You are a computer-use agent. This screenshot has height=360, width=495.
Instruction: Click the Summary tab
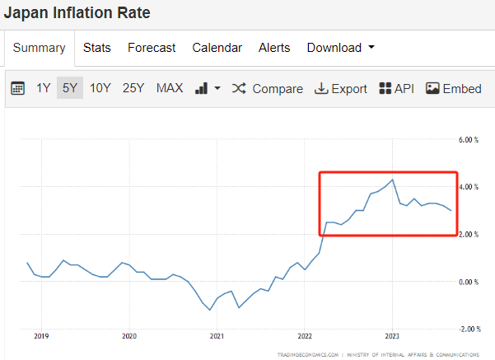click(39, 48)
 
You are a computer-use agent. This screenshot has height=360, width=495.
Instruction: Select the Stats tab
click(97, 48)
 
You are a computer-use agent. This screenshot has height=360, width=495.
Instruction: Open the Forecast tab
click(152, 48)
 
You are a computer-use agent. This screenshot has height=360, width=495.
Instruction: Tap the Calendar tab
click(217, 48)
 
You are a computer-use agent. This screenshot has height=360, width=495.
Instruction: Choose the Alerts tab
click(274, 48)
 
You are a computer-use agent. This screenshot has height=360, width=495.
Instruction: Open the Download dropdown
click(340, 48)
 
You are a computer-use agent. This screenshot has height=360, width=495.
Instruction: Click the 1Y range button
click(43, 88)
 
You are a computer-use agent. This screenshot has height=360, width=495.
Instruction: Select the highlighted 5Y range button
click(69, 88)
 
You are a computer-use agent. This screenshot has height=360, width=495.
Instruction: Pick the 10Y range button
click(100, 88)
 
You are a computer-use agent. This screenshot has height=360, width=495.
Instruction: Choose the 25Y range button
click(133, 88)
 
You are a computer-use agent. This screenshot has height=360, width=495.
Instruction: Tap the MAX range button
click(170, 88)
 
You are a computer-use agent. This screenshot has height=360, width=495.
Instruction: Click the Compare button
click(268, 89)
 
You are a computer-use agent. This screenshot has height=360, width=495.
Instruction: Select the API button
click(396, 89)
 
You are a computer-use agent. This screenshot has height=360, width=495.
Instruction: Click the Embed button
click(454, 89)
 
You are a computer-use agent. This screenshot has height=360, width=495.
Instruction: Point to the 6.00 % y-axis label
click(467, 140)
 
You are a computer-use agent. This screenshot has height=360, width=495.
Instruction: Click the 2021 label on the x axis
click(217, 336)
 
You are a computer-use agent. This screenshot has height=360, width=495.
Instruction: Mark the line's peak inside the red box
click(393, 180)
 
